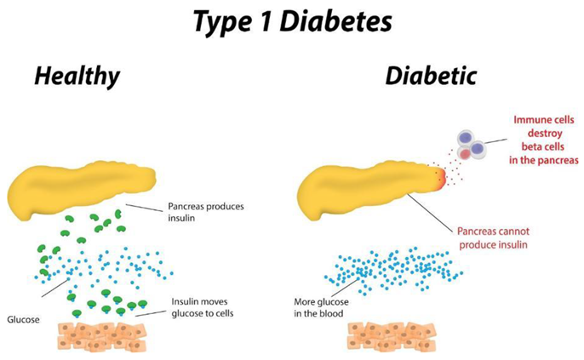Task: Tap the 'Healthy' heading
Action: [x=77, y=76]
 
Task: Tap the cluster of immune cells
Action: [x=471, y=146]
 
